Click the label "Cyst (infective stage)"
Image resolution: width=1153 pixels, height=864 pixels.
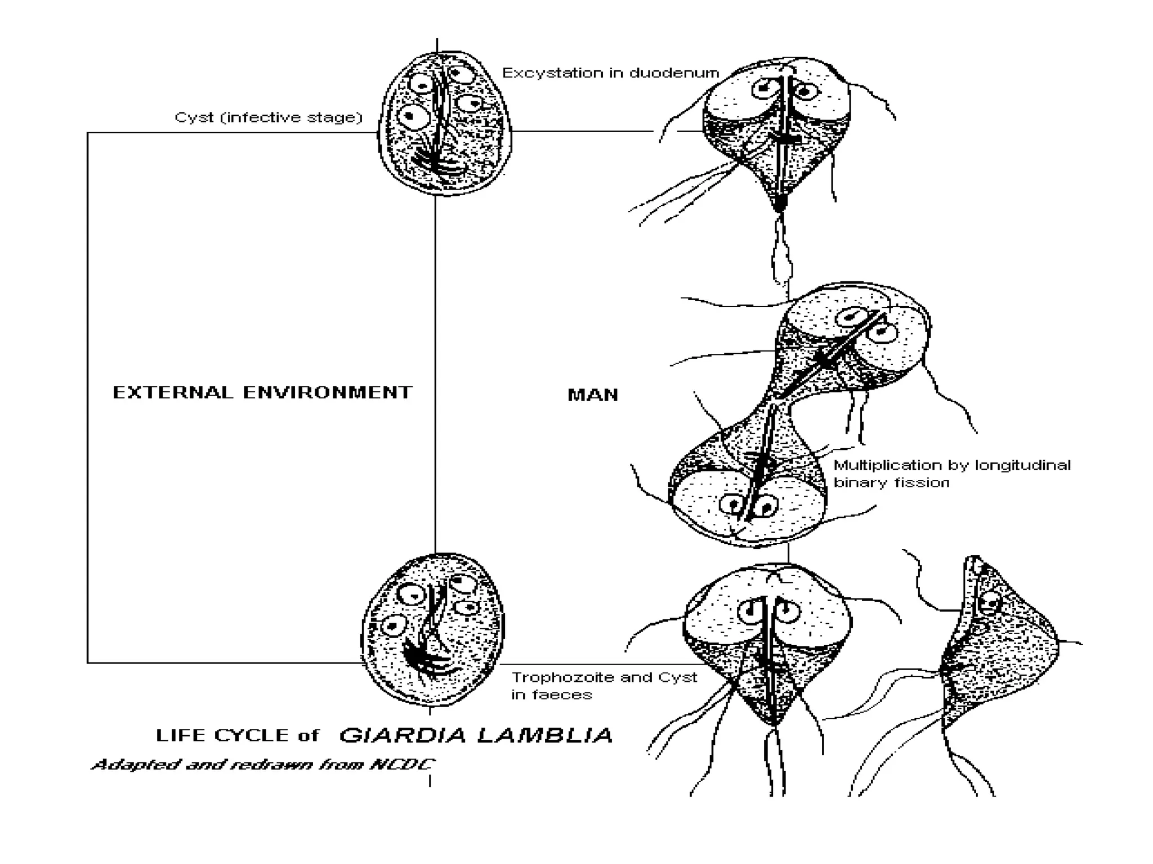(268, 118)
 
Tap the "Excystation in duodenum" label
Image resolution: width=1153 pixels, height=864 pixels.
(610, 73)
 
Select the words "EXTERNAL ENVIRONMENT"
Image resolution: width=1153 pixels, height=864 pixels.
(262, 392)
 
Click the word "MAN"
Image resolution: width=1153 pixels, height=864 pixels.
(592, 395)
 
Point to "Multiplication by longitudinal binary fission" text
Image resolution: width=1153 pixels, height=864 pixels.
(951, 474)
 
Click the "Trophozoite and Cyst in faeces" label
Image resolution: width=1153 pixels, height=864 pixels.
(604, 686)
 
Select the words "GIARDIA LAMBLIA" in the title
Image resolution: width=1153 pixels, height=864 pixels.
(476, 735)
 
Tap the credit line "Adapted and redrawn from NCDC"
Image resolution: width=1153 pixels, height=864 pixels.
(263, 764)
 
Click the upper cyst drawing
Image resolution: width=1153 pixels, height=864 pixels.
(445, 124)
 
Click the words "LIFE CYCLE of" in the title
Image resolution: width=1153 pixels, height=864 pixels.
(237, 735)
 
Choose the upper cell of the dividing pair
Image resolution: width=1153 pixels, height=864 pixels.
(856, 343)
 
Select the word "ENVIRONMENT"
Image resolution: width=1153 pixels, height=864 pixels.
(328, 392)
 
